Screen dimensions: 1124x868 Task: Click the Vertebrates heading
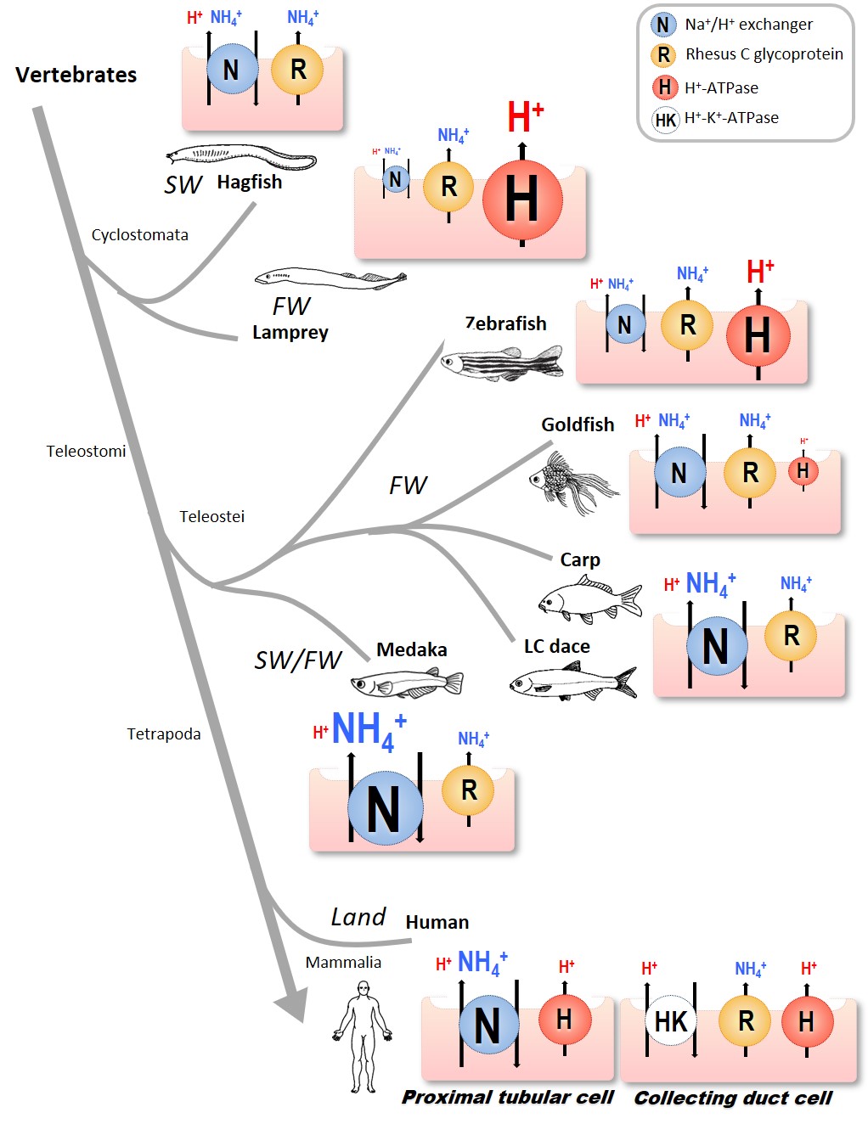coord(76,75)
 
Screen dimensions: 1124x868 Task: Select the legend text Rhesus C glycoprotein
coord(764,54)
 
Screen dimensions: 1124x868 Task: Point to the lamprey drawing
coord(330,277)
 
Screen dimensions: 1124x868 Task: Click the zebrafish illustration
coord(502,362)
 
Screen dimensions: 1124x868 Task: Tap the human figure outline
coord(364,1036)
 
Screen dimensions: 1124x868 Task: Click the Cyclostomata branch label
coord(140,235)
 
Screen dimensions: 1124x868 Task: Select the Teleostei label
coord(211,516)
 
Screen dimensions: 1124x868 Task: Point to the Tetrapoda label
coord(164,733)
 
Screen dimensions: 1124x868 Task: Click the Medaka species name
coord(411,649)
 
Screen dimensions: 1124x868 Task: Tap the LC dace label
coord(556,646)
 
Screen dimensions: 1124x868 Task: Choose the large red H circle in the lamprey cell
coord(521,200)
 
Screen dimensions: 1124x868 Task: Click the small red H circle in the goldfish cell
coord(803,471)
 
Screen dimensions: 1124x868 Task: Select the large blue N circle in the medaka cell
coord(385,807)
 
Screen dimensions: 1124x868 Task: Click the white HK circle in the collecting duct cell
coord(671,1021)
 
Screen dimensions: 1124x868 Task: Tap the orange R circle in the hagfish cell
coord(297,70)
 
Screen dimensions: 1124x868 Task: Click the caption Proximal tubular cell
coord(508,1097)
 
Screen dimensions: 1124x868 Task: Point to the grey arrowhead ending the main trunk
coord(291,1006)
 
